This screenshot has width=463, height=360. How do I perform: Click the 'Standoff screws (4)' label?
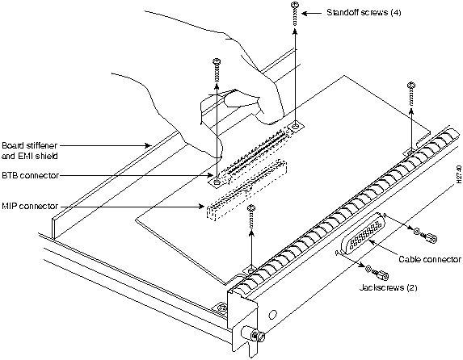point(364,12)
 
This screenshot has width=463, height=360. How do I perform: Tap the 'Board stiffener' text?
point(30,145)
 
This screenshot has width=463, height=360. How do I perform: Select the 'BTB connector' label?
point(31,175)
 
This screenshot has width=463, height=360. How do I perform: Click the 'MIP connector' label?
point(30,206)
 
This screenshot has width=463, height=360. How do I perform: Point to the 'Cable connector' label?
point(430,259)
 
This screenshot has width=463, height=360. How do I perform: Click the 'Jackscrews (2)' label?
point(389,287)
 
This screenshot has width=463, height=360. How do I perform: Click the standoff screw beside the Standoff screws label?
point(295,14)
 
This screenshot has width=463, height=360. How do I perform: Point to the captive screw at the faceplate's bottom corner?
point(254,336)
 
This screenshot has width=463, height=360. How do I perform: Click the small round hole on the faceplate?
point(273,314)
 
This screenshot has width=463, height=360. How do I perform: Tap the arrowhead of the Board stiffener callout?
point(149,145)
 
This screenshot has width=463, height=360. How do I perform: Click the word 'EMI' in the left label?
point(22,156)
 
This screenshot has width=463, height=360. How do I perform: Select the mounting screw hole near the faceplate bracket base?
point(221,308)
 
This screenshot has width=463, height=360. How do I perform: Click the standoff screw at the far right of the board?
point(411,94)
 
